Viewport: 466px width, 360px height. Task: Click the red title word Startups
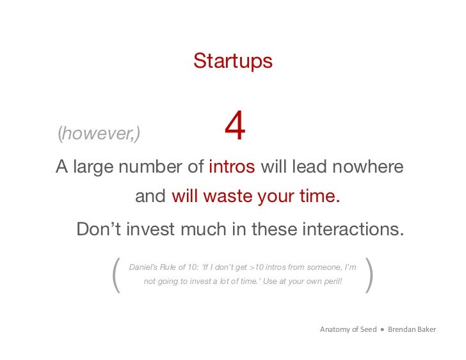[232, 61]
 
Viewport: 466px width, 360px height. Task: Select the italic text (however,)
[99, 133]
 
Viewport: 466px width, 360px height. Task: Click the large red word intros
[232, 167]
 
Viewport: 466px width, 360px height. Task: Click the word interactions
[349, 228]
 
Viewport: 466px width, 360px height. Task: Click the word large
[93, 167]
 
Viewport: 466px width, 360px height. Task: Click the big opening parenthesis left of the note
[116, 275]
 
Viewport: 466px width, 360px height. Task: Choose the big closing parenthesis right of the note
[368, 275]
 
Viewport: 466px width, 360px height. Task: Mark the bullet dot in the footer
[382, 329]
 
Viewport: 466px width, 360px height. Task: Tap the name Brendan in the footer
[404, 329]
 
